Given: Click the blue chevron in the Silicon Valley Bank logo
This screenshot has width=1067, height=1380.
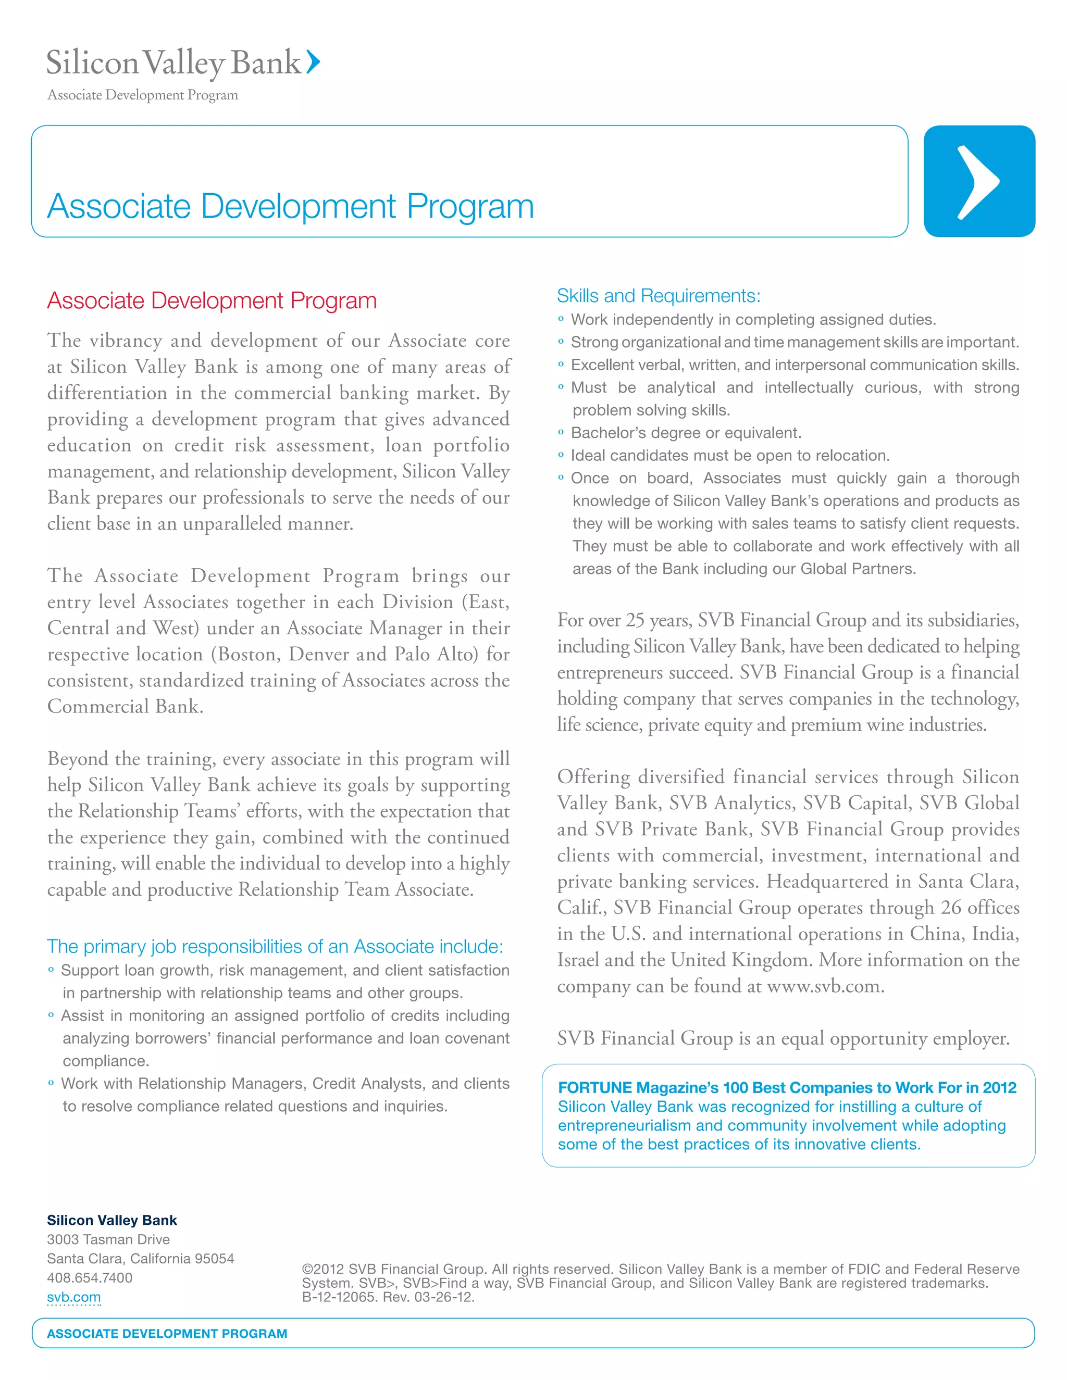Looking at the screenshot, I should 314,62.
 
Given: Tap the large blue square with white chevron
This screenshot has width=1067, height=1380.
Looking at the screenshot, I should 978,181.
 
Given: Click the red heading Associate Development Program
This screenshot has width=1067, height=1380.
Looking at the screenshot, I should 212,301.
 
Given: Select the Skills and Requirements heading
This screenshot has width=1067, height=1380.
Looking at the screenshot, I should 658,296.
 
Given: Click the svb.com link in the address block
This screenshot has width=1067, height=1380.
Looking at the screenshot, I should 74,1297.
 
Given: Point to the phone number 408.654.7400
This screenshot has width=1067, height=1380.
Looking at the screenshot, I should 90,1277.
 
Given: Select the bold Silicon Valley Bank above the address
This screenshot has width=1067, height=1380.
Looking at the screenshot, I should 112,1220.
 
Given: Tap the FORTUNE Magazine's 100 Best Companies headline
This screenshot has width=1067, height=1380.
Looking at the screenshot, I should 786,1087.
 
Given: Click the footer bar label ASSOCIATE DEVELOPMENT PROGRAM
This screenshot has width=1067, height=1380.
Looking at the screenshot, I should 167,1333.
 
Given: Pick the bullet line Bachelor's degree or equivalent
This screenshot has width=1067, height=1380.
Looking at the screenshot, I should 686,433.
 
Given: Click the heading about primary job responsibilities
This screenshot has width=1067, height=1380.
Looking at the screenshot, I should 275,947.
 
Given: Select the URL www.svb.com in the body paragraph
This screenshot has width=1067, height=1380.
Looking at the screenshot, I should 824,986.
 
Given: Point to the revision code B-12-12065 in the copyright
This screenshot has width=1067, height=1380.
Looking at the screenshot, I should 338,1297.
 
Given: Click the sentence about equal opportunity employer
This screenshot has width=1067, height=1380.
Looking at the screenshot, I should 783,1038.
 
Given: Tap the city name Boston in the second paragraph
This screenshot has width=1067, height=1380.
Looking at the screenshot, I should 252,654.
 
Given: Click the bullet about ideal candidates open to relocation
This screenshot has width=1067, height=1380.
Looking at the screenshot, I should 730,456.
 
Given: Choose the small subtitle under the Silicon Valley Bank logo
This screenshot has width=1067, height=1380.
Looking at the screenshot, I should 143,95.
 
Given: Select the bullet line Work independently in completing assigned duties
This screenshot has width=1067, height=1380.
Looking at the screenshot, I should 753,320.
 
